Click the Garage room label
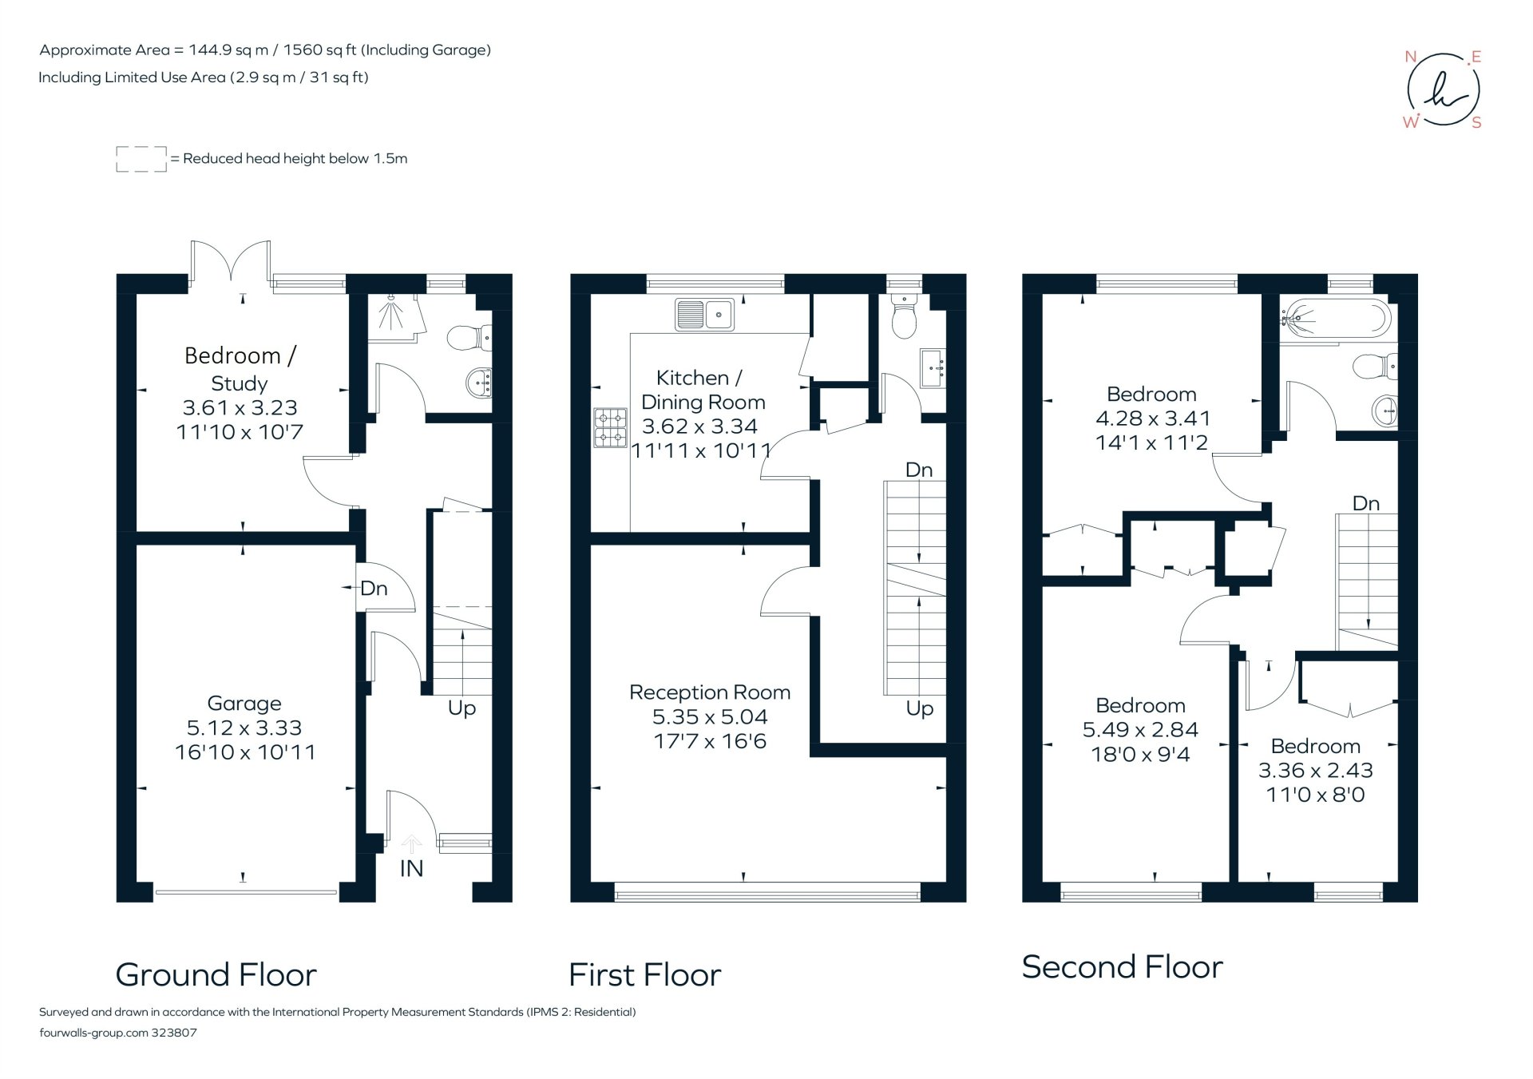pyautogui.click(x=244, y=703)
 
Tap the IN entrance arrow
pyautogui.click(x=411, y=844)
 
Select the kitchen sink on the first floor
pyautogui.click(x=703, y=315)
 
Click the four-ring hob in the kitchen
pyautogui.click(x=610, y=427)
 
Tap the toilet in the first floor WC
pyautogui.click(x=904, y=318)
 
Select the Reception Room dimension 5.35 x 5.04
pyautogui.click(x=709, y=716)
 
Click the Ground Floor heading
pyautogui.click(x=216, y=974)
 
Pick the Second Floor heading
pyautogui.click(x=1122, y=966)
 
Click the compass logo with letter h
pyautogui.click(x=1443, y=89)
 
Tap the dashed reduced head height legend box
pyautogui.click(x=141, y=159)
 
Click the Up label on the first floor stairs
pyautogui.click(x=919, y=708)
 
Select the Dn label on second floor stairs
pyautogui.click(x=1365, y=503)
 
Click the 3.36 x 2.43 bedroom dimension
pyautogui.click(x=1315, y=770)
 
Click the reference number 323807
pyautogui.click(x=174, y=1032)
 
